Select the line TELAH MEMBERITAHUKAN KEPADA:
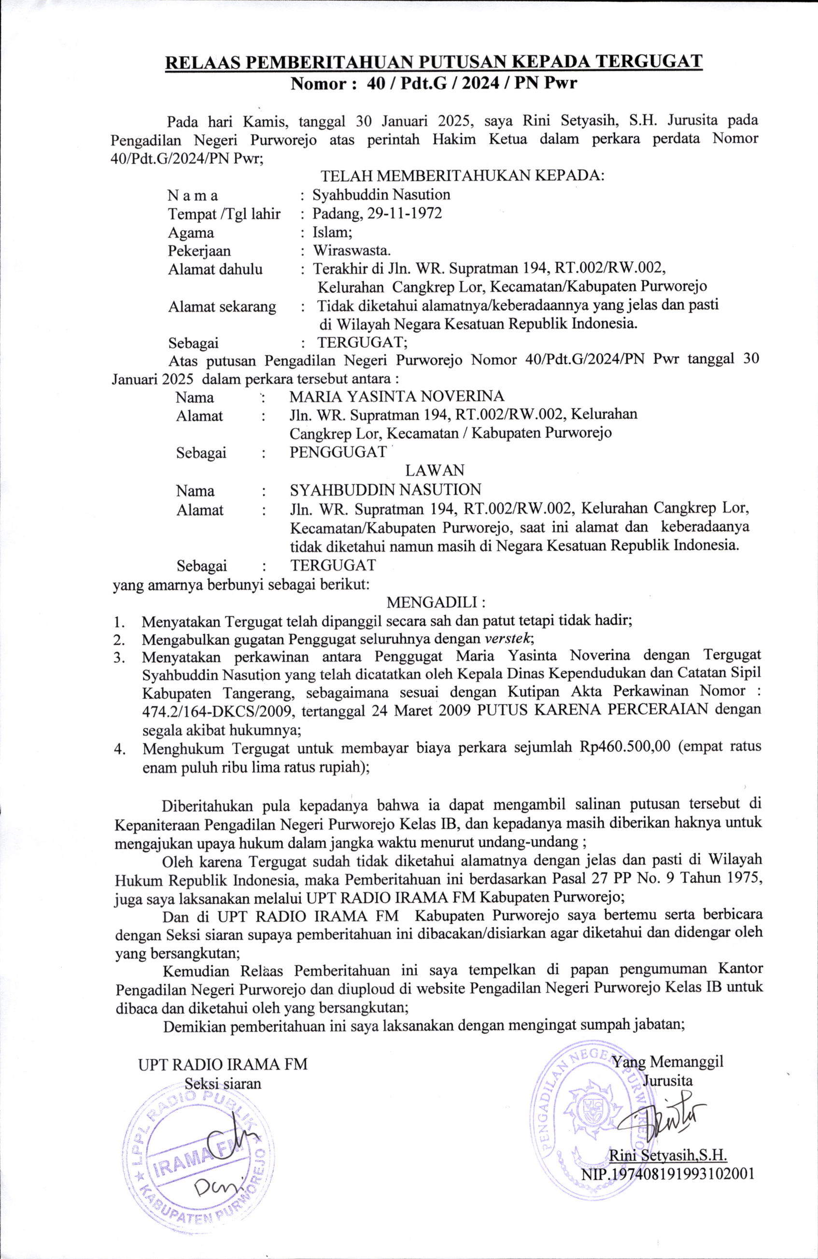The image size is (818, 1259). (462, 176)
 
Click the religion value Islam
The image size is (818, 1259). (328, 232)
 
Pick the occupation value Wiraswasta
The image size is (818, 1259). (352, 250)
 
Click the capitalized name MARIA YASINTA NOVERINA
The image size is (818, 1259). (396, 396)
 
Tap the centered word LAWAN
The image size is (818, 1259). (435, 470)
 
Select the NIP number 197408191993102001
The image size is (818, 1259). (668, 1157)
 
